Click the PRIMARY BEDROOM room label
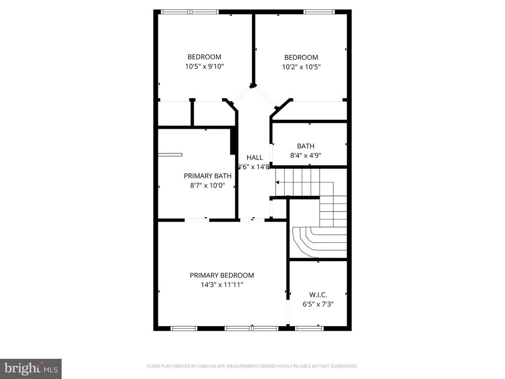221,275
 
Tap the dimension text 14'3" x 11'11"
221,285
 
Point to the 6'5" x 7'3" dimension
318,304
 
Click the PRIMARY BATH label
208,176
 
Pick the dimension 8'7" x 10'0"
208,186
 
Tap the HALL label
254,157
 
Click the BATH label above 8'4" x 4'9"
306,146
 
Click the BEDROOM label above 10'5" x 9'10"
204,57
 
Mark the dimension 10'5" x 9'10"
204,67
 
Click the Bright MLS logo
31,368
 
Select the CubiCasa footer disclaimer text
252,366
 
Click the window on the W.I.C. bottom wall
309,328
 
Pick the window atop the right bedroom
319,12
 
